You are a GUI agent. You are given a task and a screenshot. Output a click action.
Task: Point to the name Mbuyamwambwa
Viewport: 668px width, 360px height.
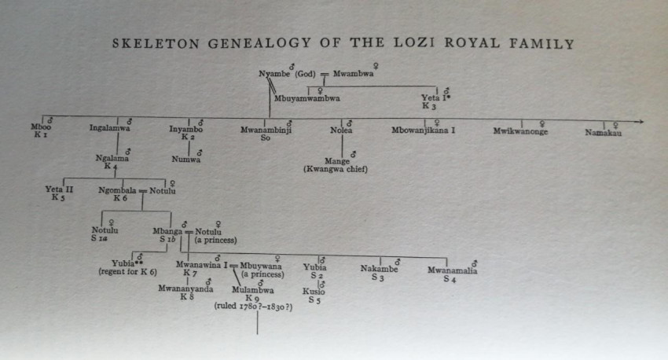coord(307,99)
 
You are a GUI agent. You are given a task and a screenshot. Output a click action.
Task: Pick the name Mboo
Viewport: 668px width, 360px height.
coord(39,127)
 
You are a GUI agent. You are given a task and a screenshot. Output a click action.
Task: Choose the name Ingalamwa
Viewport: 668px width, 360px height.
coord(110,128)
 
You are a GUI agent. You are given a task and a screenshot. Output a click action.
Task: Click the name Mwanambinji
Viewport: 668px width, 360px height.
coord(266,128)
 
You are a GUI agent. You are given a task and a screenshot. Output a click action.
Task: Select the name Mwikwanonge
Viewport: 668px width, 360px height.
coord(520,131)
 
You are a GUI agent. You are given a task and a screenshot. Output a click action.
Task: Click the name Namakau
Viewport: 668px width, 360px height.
coord(603,132)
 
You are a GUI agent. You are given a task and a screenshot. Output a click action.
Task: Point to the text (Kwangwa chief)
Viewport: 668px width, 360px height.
coord(336,169)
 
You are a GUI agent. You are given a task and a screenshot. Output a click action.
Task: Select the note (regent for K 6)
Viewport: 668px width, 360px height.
coord(126,271)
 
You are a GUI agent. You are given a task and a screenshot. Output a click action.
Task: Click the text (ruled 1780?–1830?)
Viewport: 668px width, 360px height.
coord(253,307)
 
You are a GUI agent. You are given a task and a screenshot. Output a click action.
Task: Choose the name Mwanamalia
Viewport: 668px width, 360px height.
coord(452,270)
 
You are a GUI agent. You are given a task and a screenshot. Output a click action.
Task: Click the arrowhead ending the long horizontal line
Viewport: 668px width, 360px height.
coord(640,122)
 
